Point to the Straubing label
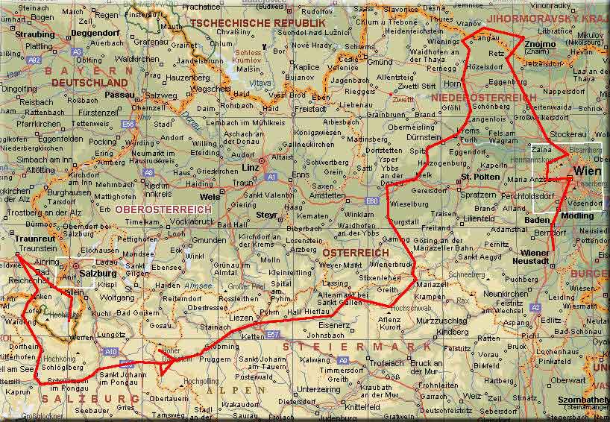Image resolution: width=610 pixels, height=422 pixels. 35,34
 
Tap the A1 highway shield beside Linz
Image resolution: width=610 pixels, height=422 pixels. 271,177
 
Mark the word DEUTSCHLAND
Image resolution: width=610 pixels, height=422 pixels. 89,82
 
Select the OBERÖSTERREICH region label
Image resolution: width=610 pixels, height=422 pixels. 163,210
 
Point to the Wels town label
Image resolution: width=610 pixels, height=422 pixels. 210,197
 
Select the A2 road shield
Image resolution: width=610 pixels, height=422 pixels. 535,307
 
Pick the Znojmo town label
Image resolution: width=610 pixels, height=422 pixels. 540,45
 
